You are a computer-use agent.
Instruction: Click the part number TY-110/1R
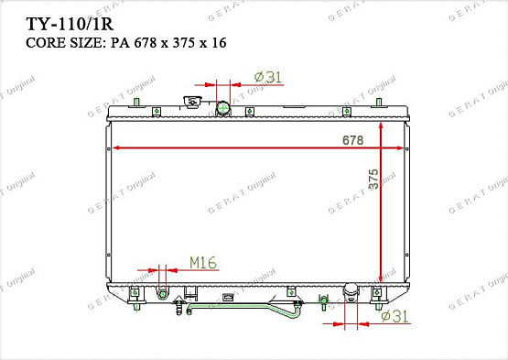click(x=70, y=24)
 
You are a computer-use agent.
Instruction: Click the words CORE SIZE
click(x=65, y=43)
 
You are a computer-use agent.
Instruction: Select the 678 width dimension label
click(x=352, y=140)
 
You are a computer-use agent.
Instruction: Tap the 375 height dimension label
click(x=373, y=179)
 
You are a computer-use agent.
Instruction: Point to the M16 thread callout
click(x=203, y=263)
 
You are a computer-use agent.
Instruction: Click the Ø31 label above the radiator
click(x=268, y=77)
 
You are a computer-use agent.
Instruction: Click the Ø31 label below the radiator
click(x=395, y=315)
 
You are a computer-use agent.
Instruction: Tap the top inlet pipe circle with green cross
click(x=222, y=108)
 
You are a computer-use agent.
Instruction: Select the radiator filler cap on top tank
click(x=192, y=101)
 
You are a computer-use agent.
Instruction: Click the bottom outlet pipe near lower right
click(x=351, y=291)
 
